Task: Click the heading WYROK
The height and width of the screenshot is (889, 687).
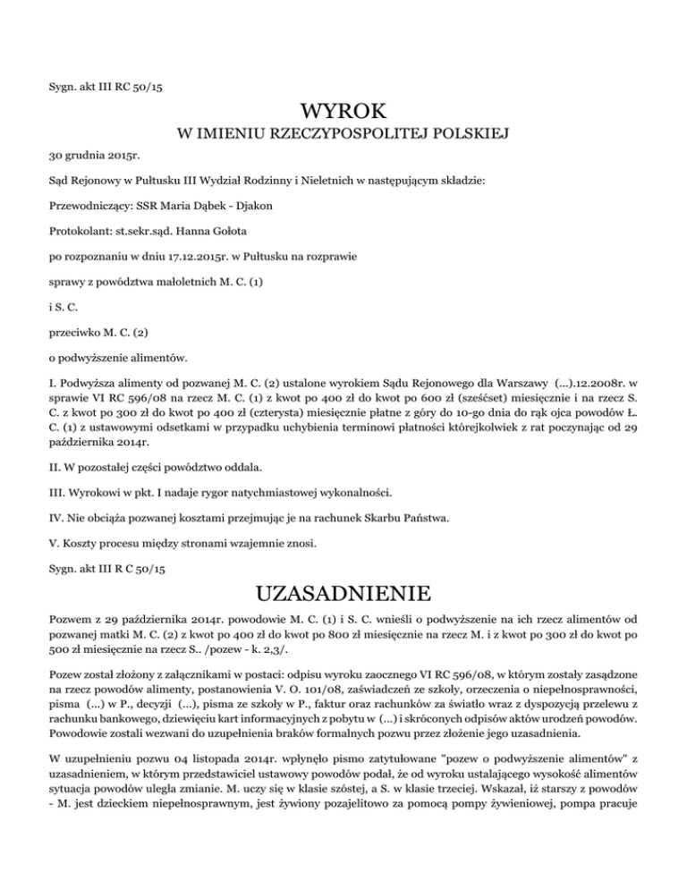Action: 343,114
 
